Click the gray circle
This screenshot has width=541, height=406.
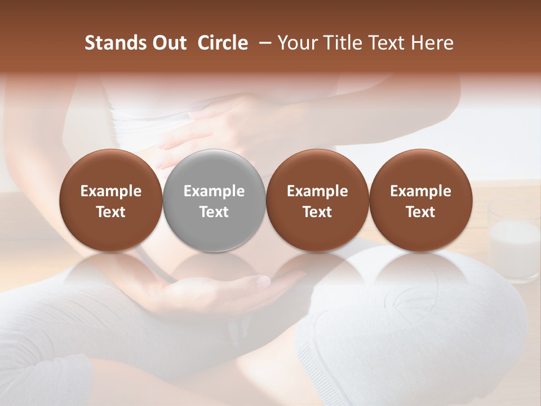(x=214, y=200)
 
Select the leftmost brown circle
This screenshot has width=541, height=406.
(x=111, y=200)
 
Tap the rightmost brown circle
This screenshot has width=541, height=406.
(x=420, y=200)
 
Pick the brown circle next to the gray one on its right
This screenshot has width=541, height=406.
(x=317, y=200)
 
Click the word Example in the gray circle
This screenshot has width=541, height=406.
(x=214, y=191)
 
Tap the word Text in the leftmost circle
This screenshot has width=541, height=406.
(x=111, y=212)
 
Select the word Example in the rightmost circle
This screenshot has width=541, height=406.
(x=420, y=191)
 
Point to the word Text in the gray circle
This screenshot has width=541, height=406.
(x=214, y=212)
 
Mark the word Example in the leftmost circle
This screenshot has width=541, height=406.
(x=111, y=191)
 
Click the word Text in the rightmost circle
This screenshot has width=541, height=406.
(x=420, y=212)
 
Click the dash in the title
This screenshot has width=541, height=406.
(x=263, y=43)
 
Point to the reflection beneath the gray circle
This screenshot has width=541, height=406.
(x=214, y=271)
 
